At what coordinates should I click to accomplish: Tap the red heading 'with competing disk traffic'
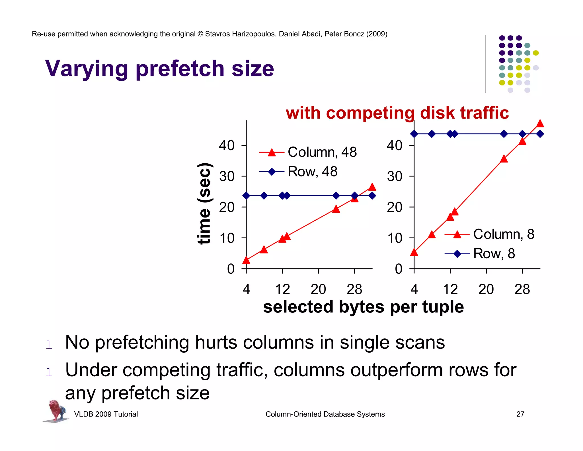pyautogui.click(x=397, y=113)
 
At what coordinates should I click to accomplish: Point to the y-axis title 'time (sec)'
pyautogui.click(x=204, y=204)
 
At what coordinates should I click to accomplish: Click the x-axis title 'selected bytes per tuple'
pyautogui.click(x=363, y=307)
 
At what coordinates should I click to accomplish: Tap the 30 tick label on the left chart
pyautogui.click(x=227, y=176)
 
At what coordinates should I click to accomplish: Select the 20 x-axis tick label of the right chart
pyautogui.click(x=486, y=289)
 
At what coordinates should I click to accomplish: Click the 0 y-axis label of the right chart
pyautogui.click(x=399, y=269)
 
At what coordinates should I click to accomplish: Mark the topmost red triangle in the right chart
pyautogui.click(x=540, y=123)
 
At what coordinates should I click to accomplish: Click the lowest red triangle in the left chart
pyautogui.click(x=246, y=260)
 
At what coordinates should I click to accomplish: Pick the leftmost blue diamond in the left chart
pyautogui.click(x=246, y=196)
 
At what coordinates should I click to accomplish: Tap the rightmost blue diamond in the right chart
pyautogui.click(x=540, y=134)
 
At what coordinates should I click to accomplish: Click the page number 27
pyautogui.click(x=520, y=414)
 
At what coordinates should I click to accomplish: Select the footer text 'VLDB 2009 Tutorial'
pyautogui.click(x=106, y=414)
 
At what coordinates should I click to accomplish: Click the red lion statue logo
pyautogui.click(x=56, y=411)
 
